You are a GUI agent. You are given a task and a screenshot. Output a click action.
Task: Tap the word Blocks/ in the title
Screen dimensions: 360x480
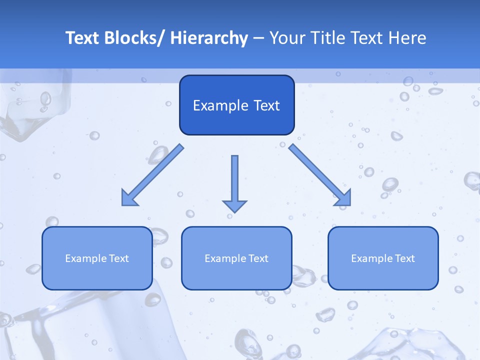coord(134,38)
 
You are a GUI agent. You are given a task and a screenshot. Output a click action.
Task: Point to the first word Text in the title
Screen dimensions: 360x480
coord(83,38)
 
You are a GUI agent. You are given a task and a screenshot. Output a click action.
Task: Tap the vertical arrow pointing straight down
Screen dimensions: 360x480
coord(234,182)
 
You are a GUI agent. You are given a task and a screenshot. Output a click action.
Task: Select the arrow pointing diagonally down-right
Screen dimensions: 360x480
coord(320,175)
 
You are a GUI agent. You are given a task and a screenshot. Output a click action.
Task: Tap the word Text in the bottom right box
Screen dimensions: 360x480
coord(404,258)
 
